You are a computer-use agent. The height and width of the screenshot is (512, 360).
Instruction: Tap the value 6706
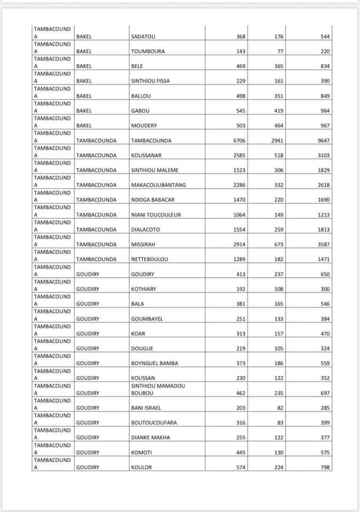tap(239, 141)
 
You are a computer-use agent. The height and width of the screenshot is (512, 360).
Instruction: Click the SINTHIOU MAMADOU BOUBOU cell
tap(158, 389)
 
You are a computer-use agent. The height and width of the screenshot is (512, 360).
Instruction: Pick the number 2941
tap(277, 141)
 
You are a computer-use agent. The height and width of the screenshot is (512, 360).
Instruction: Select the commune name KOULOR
tap(141, 468)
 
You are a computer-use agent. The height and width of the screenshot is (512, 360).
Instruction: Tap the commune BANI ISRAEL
tap(146, 408)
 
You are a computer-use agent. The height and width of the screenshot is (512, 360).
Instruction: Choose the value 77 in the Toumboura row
tap(281, 52)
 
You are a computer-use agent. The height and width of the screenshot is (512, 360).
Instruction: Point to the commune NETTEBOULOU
tap(149, 259)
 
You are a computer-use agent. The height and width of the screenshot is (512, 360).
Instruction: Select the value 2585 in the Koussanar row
tap(239, 156)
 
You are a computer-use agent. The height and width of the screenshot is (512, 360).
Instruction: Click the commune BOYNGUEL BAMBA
tap(154, 363)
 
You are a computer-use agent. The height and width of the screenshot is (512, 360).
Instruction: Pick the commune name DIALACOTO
tap(145, 230)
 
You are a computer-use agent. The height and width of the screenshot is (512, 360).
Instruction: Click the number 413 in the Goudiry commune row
tap(241, 275)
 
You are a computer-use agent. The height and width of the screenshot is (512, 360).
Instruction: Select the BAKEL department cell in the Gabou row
tap(84, 111)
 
